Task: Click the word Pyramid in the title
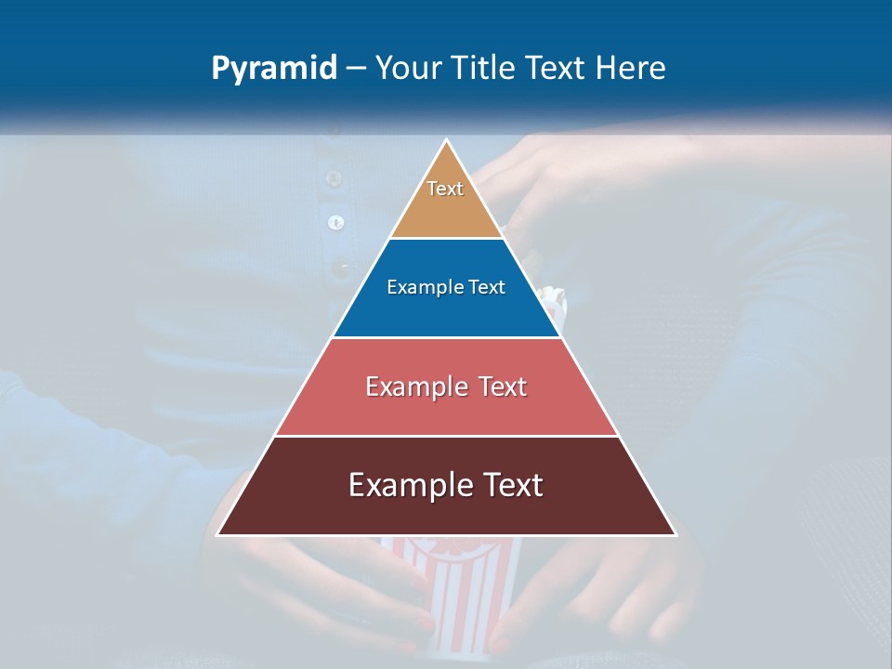[273, 69]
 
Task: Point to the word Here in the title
[631, 68]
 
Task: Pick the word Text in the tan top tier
[445, 189]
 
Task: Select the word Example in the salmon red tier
[414, 387]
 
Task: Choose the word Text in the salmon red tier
[503, 387]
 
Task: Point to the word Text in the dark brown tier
[513, 485]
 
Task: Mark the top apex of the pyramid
[446, 141]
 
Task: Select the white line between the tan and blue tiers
[446, 239]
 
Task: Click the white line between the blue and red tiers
[446, 337]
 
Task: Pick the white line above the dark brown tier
[446, 436]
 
